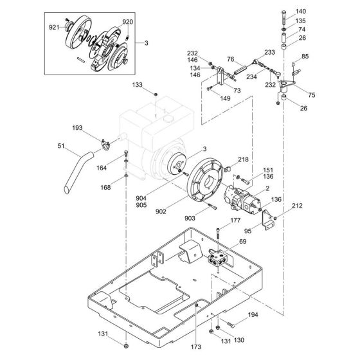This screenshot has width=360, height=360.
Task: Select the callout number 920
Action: click(127, 21)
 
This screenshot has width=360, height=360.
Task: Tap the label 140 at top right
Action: click(301, 12)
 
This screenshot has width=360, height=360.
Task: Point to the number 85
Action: click(305, 57)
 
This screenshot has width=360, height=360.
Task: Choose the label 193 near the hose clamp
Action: click(96, 128)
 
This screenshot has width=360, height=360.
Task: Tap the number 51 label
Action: click(62, 146)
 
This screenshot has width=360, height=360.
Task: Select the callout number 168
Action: click(107, 187)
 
